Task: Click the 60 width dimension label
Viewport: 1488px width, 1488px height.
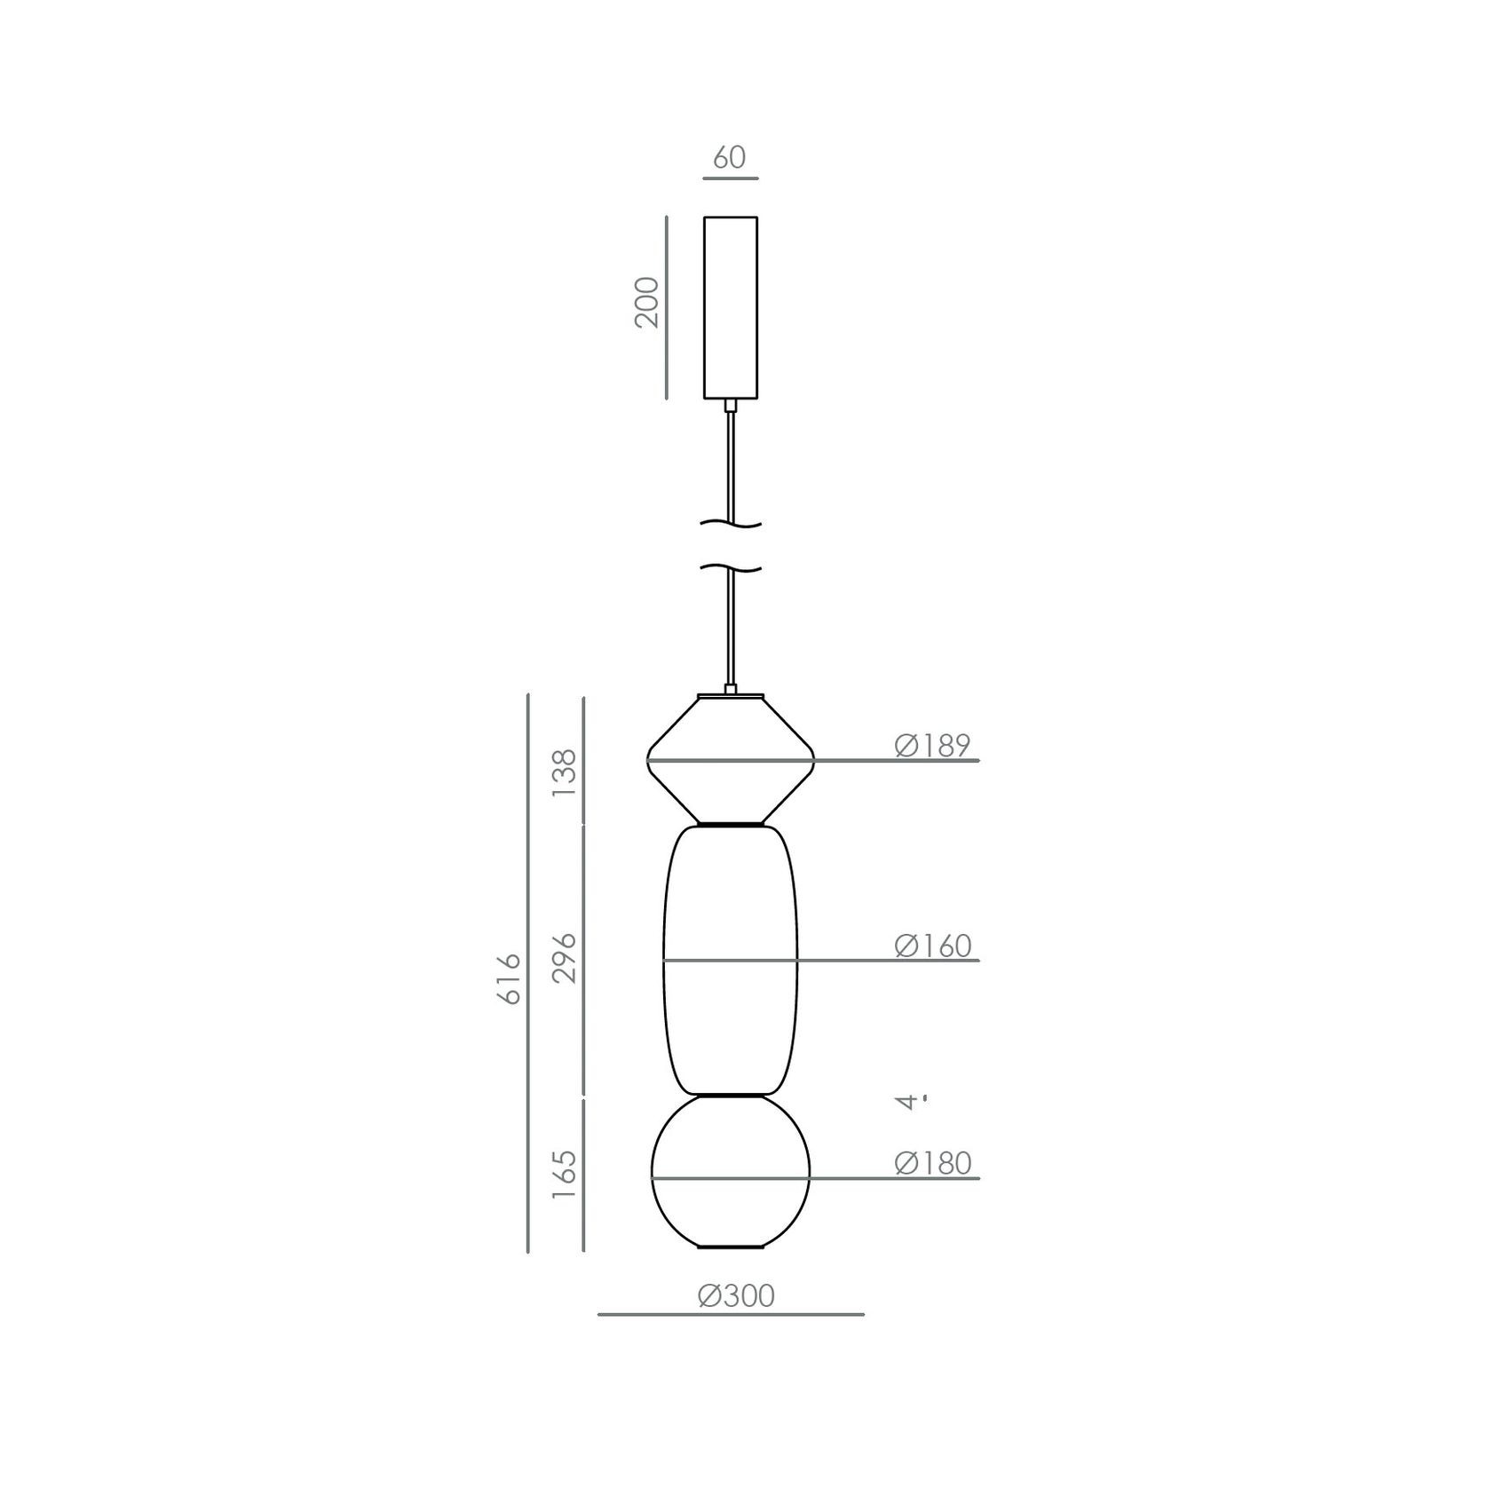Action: pyautogui.click(x=729, y=157)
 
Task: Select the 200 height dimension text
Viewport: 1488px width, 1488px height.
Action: pyautogui.click(x=648, y=303)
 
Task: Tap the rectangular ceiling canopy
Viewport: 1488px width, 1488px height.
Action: pyautogui.click(x=731, y=306)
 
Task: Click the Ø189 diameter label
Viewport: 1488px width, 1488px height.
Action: pyautogui.click(x=932, y=746)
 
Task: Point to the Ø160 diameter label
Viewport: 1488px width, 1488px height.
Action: pyautogui.click(x=932, y=946)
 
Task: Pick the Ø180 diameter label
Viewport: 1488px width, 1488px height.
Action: pyautogui.click(x=932, y=1163)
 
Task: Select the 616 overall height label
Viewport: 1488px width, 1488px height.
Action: pyautogui.click(x=509, y=978)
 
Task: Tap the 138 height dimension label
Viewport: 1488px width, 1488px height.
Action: pyautogui.click(x=565, y=772)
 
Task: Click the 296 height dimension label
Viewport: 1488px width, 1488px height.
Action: pyautogui.click(x=565, y=958)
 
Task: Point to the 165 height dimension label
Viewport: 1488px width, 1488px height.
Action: pyautogui.click(x=565, y=1175)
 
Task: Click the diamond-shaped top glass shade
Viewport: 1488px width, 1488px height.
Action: pyautogui.click(x=731, y=781)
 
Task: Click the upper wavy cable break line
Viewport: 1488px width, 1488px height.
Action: pyautogui.click(x=731, y=525)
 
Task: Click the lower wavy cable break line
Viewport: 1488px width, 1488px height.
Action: pyautogui.click(x=731, y=567)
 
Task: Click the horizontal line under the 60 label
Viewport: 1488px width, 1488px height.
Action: pyautogui.click(x=730, y=178)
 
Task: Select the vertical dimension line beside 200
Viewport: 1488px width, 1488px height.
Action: pyautogui.click(x=666, y=306)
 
